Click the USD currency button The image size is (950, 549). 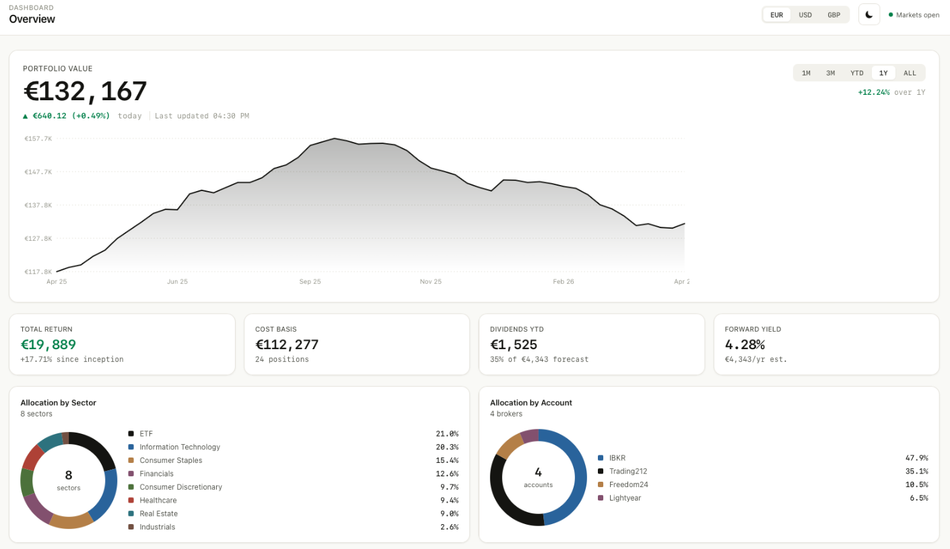[x=805, y=15]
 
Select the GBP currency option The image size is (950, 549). [x=834, y=15]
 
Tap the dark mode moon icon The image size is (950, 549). [x=869, y=15]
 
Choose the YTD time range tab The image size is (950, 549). [x=856, y=73]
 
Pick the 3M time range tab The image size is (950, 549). [x=831, y=73]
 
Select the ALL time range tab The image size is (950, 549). [x=910, y=73]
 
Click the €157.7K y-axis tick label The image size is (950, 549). [x=38, y=139]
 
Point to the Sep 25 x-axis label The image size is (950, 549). [x=310, y=282]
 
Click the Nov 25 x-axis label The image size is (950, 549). [x=431, y=282]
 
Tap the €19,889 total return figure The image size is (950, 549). [x=48, y=345]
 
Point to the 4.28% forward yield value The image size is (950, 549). [x=745, y=345]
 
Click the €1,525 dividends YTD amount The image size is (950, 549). [x=514, y=345]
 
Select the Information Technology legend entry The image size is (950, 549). [x=180, y=447]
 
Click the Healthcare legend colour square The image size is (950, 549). [x=131, y=501]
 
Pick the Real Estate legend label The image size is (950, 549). [x=159, y=514]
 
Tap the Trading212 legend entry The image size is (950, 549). [x=628, y=472]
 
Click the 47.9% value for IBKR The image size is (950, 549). [x=916, y=458]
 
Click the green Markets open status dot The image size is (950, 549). [x=891, y=15]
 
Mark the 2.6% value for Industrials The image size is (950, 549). [x=449, y=527]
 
